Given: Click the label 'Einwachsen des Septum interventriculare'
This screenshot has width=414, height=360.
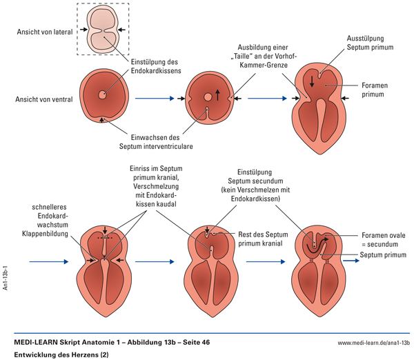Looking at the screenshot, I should point(163,141).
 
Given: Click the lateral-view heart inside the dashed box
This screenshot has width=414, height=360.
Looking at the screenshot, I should point(101,30).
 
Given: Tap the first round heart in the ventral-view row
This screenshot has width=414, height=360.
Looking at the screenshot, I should point(103,97).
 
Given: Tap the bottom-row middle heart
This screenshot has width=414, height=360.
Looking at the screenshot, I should point(214,263).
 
